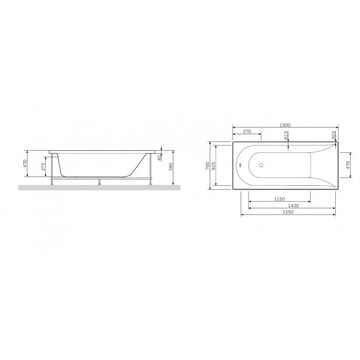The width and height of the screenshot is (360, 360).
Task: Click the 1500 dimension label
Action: tap(285, 125)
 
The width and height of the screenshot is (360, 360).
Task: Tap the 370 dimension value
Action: tap(246, 132)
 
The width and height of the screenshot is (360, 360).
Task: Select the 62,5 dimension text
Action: tap(286, 135)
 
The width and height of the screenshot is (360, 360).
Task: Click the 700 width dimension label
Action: tap(207, 166)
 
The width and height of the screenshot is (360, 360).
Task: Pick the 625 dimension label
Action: tap(213, 166)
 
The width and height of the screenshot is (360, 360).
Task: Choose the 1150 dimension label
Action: tap(279, 199)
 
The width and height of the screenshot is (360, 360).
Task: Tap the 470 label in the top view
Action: tap(348, 165)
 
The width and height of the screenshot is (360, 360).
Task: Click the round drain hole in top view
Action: tap(261, 166)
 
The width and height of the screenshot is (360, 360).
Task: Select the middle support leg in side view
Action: tap(99, 182)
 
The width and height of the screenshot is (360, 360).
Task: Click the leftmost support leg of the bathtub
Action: tap(51, 181)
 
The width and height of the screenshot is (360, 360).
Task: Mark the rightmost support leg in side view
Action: tap(150, 181)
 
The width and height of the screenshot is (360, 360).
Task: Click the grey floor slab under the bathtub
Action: tap(98, 188)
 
